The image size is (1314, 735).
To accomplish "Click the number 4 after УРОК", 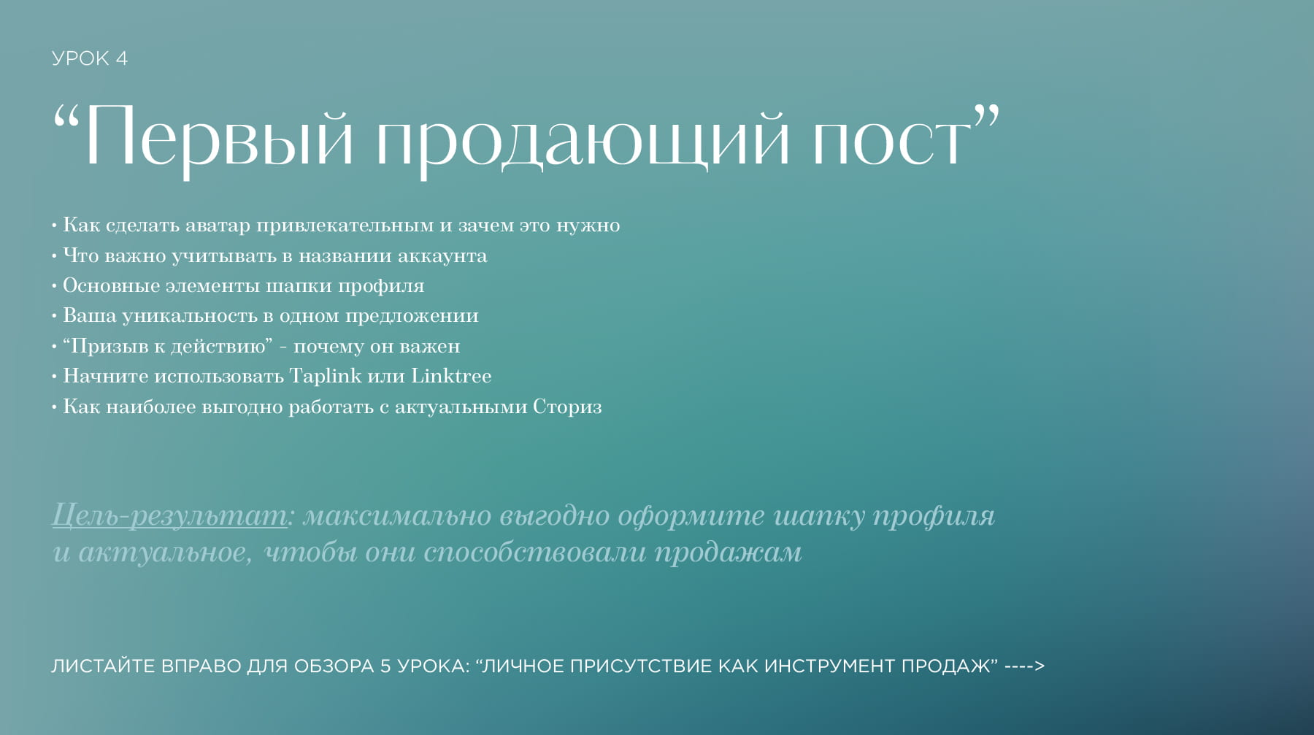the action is (121, 58).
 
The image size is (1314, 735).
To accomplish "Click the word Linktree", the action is (451, 376).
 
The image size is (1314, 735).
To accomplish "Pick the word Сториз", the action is (567, 407).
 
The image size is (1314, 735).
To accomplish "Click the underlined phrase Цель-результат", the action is (169, 515).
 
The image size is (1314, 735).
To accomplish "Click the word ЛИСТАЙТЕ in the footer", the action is (104, 666).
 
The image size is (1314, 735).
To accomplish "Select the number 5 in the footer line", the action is (385, 666).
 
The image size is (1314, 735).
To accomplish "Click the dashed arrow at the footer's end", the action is (1025, 666).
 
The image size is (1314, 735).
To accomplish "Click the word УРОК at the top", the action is (80, 58).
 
